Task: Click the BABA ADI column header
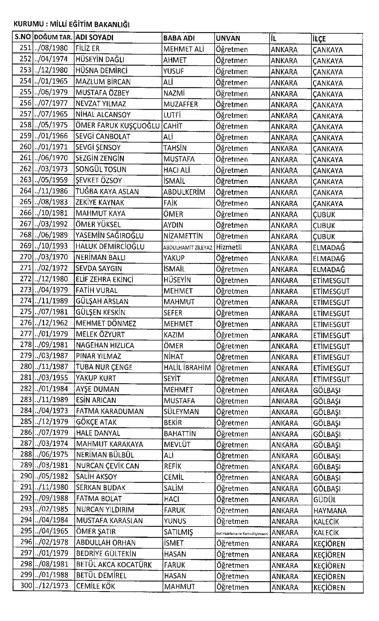click(x=179, y=38)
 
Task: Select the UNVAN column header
click(x=228, y=38)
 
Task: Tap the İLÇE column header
click(x=319, y=38)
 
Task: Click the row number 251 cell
click(x=25, y=49)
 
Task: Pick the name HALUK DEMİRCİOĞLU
click(x=110, y=247)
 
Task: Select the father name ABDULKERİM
click(x=184, y=192)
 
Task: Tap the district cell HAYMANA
click(x=330, y=511)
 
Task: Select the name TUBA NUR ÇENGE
click(x=104, y=367)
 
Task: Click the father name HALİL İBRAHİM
click(x=187, y=368)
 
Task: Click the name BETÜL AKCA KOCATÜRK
click(x=114, y=565)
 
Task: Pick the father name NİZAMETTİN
click(x=183, y=236)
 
